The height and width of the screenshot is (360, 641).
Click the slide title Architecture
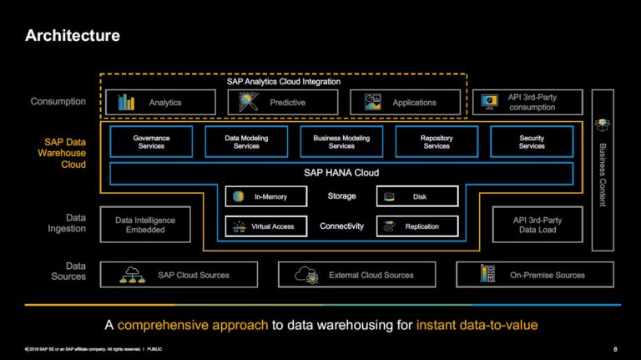(x=72, y=35)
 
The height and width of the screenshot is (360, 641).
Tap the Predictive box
(x=283, y=102)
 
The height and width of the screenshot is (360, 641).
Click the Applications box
(x=405, y=102)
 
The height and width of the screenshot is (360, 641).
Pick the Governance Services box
(x=151, y=141)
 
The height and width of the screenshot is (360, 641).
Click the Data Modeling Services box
(x=246, y=141)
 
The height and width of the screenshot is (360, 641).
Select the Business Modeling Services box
(x=341, y=141)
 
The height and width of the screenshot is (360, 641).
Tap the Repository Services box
(x=437, y=141)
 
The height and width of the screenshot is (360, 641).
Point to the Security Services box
(x=532, y=141)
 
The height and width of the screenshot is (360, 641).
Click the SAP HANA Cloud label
(x=341, y=173)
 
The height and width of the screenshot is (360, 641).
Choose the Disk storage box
(x=417, y=196)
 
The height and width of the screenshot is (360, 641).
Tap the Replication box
(x=417, y=226)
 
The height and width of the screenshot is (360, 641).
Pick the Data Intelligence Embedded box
(x=144, y=225)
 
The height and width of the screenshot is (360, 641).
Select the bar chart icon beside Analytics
(x=126, y=102)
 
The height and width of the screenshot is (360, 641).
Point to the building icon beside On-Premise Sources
(x=487, y=274)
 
